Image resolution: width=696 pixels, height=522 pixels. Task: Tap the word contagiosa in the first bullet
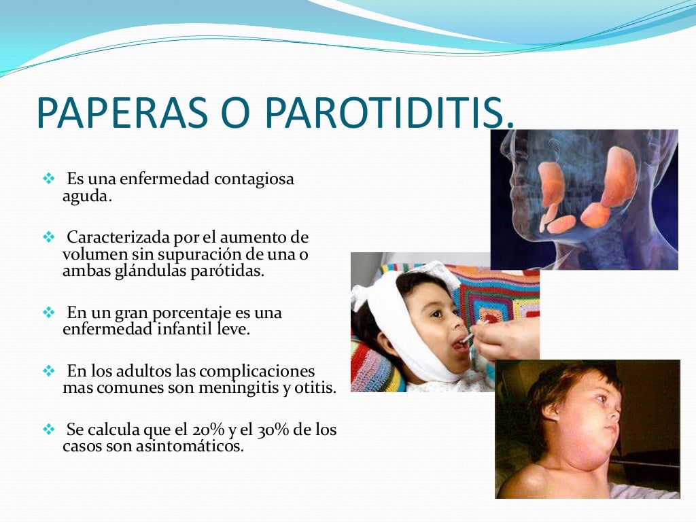click(x=254, y=180)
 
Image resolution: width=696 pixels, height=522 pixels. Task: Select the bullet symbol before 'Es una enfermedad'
click(x=48, y=179)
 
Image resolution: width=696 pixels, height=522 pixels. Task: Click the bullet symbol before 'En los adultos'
click(x=48, y=372)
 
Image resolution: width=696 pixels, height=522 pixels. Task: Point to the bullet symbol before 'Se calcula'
click(x=48, y=430)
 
